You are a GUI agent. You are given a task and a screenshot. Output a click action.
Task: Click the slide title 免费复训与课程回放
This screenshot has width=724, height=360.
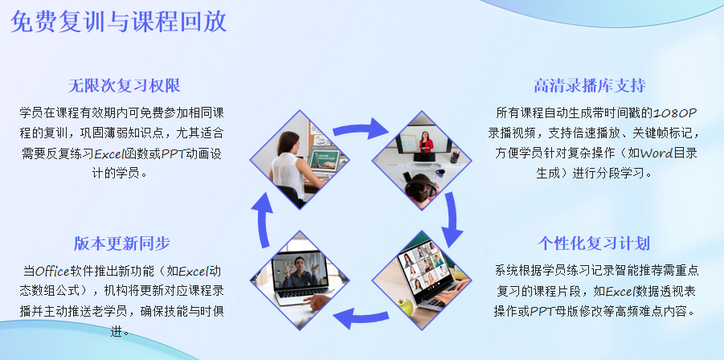[118, 22]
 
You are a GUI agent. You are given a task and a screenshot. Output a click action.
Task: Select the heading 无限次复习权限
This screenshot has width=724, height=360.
[125, 85]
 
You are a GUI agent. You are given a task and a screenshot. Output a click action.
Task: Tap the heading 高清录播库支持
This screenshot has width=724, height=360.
[590, 85]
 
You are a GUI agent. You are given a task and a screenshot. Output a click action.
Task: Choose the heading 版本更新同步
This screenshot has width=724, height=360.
[122, 243]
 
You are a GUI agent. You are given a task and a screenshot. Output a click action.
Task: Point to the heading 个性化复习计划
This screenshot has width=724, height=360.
[594, 243]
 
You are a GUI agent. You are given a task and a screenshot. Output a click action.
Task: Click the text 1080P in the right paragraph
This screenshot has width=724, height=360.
[675, 112]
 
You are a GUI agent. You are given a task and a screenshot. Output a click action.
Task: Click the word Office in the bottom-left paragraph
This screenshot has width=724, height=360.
[52, 270]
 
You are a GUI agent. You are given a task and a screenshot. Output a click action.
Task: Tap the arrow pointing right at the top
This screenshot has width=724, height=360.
[361, 129]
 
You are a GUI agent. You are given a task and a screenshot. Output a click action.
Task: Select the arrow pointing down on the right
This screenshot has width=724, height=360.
[452, 219]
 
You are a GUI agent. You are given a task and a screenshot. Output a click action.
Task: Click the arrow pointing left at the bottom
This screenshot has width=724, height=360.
[360, 318]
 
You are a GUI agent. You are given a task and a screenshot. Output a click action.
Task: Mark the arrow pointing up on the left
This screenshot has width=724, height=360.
[264, 219]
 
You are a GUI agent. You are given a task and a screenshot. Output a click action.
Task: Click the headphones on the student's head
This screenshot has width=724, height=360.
[420, 187]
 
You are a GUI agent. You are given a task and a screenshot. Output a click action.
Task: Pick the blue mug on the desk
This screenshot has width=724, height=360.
[440, 174]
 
